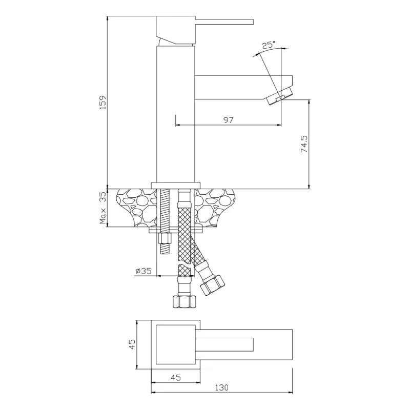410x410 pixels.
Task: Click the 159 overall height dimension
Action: (x=102, y=102)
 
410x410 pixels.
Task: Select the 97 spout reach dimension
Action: (x=229, y=120)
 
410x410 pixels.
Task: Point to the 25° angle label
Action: (x=269, y=45)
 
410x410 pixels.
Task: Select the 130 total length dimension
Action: (x=221, y=387)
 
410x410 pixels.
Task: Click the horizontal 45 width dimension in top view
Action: (x=175, y=378)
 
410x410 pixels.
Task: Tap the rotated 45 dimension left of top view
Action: (x=132, y=344)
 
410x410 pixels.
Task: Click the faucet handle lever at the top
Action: (x=225, y=22)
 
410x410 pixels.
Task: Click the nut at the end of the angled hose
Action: (x=212, y=285)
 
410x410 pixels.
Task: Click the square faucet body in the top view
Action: (x=174, y=344)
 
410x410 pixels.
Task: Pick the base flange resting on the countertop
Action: (x=175, y=185)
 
